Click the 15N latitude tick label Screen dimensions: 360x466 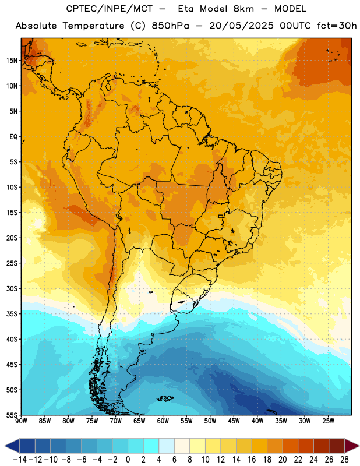coord(12,61)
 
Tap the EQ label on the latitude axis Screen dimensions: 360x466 coord(13,137)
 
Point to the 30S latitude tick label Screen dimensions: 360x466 coord(12,288)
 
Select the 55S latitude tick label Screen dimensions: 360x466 coord(12,415)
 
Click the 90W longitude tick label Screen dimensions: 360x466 coord(21,421)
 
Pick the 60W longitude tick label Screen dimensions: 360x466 coord(163,421)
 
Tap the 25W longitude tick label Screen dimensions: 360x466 coord(328,421)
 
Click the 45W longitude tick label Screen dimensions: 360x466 coord(234,421)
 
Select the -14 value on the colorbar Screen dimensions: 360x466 coord(20,460)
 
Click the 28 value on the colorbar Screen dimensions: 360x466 coord(344,460)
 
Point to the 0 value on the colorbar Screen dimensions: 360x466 coord(128,460)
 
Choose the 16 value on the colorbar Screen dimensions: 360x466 coord(252,460)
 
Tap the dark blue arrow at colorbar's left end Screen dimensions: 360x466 coord(12,446)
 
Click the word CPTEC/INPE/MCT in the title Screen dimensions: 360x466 coord(109,9)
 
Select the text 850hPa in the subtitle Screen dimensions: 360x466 coord(170,26)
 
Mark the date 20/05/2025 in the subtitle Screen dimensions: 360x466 coord(241,26)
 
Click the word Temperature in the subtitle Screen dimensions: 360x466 coord(93,26)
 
